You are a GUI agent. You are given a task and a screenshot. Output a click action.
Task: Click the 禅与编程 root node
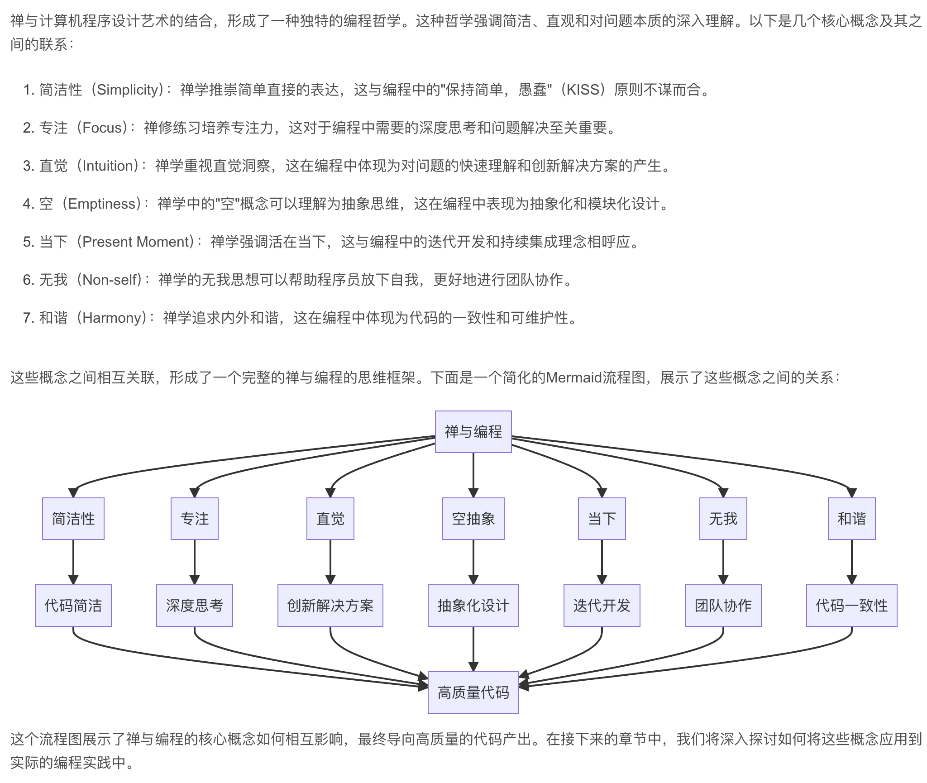click(x=473, y=431)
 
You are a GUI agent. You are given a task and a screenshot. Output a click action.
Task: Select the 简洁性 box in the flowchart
click(x=73, y=518)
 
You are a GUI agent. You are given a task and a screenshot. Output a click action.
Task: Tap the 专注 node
click(x=195, y=518)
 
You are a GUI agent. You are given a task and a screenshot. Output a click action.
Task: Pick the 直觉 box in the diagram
click(x=330, y=518)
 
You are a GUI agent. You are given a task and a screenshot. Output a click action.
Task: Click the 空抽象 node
click(x=473, y=518)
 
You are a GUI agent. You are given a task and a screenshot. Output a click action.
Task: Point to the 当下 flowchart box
click(x=602, y=518)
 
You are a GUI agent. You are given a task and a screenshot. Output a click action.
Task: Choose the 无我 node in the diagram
click(x=723, y=518)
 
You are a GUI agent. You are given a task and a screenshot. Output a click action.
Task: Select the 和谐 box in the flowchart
click(x=851, y=518)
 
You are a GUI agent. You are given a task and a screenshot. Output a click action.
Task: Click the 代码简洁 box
click(x=73, y=605)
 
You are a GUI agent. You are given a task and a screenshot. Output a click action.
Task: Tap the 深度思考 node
click(x=195, y=605)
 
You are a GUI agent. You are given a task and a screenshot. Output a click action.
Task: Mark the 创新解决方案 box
click(x=330, y=605)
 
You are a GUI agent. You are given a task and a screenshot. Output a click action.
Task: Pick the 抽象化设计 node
click(x=473, y=605)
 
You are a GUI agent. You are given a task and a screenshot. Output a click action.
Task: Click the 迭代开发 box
click(x=602, y=605)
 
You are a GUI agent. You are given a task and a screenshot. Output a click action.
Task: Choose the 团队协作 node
click(x=723, y=605)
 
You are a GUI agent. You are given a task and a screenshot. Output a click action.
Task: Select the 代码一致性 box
click(x=851, y=605)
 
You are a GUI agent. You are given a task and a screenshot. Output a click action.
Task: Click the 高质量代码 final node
click(x=473, y=692)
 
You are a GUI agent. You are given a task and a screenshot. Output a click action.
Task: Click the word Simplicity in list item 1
click(x=127, y=90)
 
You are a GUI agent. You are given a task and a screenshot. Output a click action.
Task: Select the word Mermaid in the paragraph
click(x=573, y=377)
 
